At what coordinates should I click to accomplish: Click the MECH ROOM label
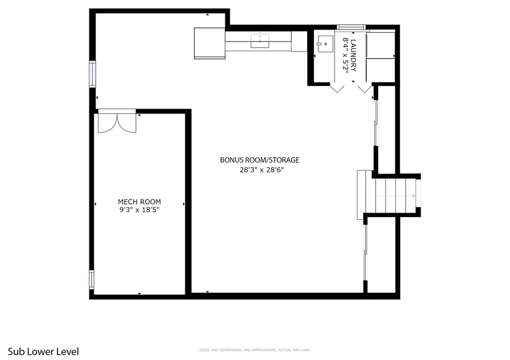(139, 202)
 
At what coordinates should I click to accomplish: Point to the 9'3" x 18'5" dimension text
(139, 210)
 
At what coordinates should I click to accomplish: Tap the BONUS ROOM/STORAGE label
(259, 160)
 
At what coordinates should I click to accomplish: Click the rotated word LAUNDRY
(354, 55)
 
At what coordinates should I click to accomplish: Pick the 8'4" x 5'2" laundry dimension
(345, 55)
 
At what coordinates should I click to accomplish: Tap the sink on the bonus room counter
(259, 41)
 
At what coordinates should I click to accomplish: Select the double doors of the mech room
(117, 123)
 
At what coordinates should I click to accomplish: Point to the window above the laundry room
(351, 26)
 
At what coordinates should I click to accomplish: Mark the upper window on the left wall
(93, 74)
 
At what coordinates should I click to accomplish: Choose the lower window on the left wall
(92, 279)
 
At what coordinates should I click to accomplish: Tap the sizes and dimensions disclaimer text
(254, 350)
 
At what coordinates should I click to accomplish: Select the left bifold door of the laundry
(337, 88)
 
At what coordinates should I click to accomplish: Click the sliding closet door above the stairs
(376, 123)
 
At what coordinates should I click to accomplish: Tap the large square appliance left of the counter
(209, 43)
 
